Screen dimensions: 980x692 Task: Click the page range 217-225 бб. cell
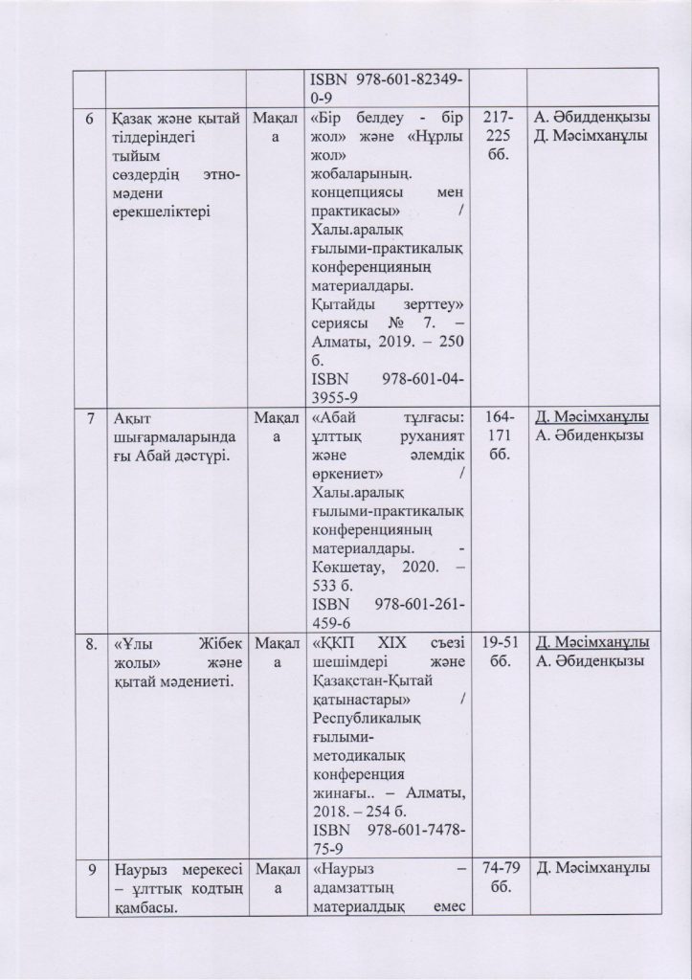click(498, 135)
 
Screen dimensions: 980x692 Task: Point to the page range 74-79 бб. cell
click(498, 878)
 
